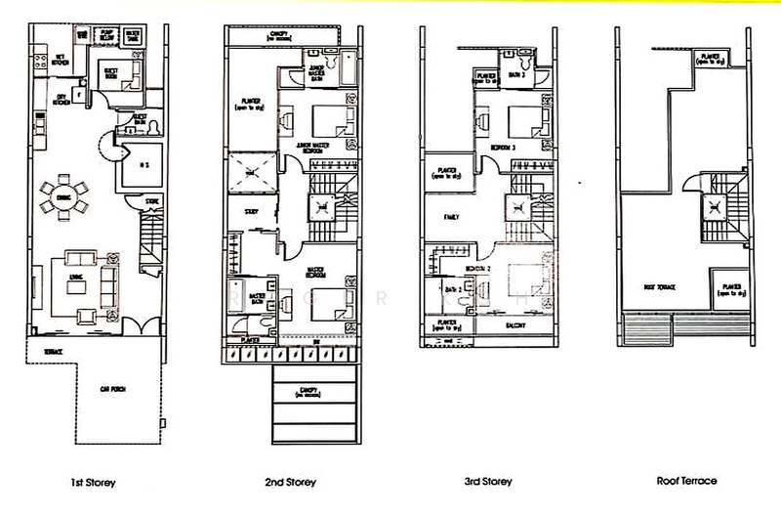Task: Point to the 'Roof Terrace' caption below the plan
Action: pyautogui.click(x=686, y=481)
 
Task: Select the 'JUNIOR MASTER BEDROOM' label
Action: pyautogui.click(x=315, y=145)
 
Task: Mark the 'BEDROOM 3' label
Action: pyautogui.click(x=526, y=147)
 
